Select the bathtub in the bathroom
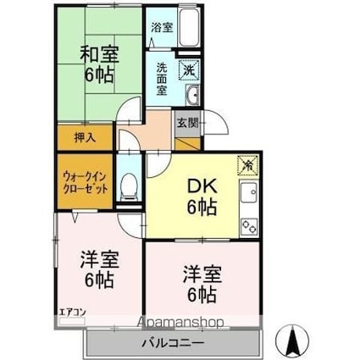pos(189,30)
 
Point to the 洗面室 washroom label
pos(161,77)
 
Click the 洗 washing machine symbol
pos(191,69)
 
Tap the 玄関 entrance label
pos(186,121)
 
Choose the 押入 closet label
pos(75,136)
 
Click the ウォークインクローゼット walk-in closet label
pos(84,181)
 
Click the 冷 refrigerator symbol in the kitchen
pos(248,167)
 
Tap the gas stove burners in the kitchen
pos(250,225)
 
